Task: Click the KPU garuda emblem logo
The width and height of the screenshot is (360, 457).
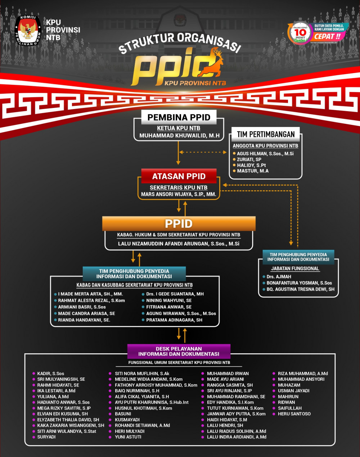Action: coord(28,31)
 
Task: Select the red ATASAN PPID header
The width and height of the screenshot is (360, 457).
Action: coord(179,176)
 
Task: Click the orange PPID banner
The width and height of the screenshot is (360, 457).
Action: coord(179,223)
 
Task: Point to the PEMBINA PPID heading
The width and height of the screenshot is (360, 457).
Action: coord(179,117)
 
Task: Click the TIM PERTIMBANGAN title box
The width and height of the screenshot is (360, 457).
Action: coord(266,135)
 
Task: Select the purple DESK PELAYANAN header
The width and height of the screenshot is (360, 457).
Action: coord(179,351)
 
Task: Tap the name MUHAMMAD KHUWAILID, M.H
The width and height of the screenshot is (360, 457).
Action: coord(179,136)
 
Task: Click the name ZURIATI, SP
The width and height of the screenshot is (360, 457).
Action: coord(249,159)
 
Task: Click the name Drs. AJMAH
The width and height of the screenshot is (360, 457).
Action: coord(279,277)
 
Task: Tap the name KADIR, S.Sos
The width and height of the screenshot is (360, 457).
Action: coord(50,374)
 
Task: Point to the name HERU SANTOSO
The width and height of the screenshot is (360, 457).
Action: coord(294,414)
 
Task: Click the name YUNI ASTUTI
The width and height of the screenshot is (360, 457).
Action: coord(128,437)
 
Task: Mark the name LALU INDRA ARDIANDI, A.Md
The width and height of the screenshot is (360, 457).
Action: coord(237,437)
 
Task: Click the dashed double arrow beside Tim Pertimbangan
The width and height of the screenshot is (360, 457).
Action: coord(203,152)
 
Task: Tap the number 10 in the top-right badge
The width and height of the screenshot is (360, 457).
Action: coord(300,32)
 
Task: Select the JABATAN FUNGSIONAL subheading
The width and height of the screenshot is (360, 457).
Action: coord(295,268)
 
